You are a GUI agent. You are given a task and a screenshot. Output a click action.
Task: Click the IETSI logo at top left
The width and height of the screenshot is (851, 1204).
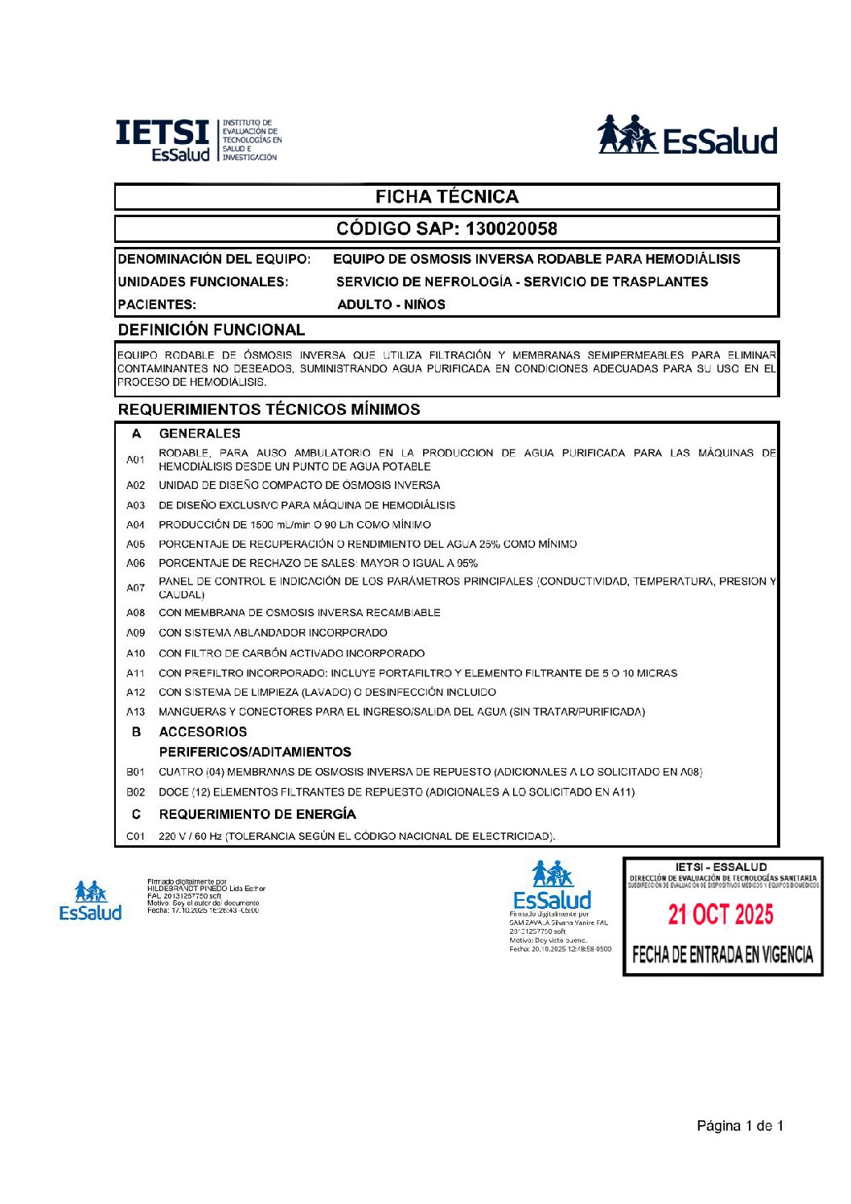tap(198, 140)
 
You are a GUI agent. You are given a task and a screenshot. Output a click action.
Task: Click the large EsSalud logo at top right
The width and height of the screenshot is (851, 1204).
tap(687, 136)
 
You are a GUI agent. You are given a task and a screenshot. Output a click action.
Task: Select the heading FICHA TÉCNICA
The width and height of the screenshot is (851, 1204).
tap(446, 197)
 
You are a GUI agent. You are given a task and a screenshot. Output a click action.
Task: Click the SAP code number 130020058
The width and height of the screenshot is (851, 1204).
tap(511, 229)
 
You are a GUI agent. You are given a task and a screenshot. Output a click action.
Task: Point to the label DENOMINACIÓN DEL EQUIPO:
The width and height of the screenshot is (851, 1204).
tap(214, 259)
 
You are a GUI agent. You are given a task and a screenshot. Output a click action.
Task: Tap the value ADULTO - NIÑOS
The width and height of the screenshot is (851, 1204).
tap(391, 304)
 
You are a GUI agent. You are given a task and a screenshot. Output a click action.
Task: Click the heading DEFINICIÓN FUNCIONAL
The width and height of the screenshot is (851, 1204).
tap(212, 330)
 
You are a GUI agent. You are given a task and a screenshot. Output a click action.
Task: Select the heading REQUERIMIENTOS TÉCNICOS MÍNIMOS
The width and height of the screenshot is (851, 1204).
tap(269, 409)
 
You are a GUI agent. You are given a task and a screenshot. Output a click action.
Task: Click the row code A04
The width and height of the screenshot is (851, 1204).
tap(135, 524)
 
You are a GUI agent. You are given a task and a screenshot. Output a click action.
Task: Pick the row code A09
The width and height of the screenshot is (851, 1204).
tap(135, 633)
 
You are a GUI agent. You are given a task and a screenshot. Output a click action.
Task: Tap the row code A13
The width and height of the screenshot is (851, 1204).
tap(135, 712)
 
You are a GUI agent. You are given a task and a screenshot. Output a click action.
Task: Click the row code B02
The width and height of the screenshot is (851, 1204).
tap(135, 792)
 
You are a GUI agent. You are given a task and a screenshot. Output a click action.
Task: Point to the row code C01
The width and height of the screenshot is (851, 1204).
tap(135, 836)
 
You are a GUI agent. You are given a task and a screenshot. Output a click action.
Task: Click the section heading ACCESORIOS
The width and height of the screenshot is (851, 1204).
tap(203, 732)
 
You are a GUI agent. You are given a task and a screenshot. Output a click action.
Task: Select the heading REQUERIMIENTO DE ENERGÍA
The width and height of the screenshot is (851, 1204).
tap(257, 814)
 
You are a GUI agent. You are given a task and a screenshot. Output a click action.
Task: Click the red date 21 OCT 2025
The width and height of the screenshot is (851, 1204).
tap(721, 914)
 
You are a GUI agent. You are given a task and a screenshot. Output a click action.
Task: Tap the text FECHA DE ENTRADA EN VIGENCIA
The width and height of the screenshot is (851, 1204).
tap(722, 955)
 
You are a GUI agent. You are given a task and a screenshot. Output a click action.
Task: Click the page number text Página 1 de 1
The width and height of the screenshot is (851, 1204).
tap(739, 1126)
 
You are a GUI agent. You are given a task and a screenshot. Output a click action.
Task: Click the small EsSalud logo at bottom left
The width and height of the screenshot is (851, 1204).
tap(90, 901)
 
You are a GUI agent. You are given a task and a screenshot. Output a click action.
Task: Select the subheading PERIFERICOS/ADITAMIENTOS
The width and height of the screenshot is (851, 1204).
tap(255, 752)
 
